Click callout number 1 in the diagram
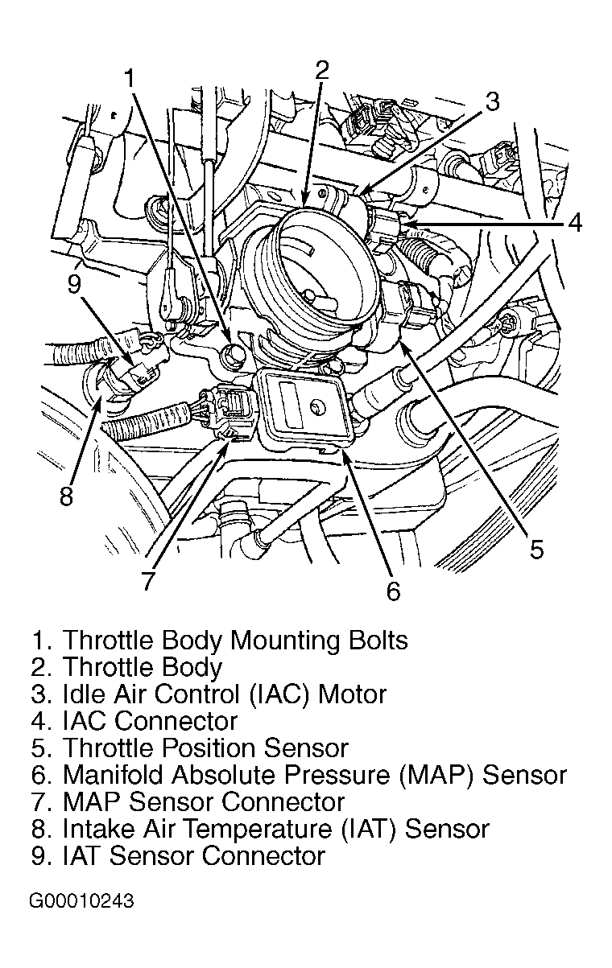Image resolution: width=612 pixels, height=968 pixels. pos(130,78)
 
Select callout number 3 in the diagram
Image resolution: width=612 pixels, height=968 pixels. pos(492,101)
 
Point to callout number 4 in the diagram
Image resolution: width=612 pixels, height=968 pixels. pos(573,222)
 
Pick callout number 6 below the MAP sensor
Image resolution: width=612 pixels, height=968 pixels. pos(392,591)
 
